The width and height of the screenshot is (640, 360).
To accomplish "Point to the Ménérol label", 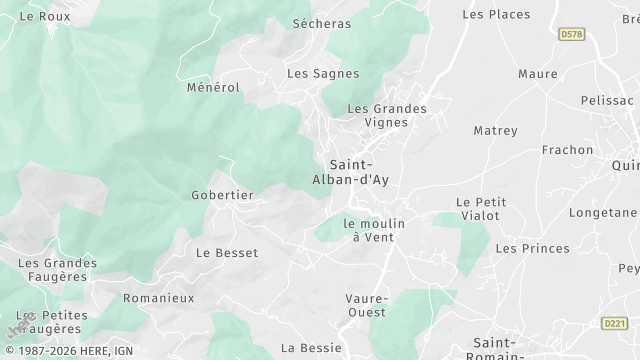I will point(213,88).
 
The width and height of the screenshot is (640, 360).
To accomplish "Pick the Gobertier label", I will point(222,195).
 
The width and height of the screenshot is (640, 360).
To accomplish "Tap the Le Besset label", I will point(227,253).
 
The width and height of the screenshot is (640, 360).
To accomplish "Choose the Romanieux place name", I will point(158,298).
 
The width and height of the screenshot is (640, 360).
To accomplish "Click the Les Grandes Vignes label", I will point(386,115).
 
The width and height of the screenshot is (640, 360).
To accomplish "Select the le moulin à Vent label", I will point(373,230).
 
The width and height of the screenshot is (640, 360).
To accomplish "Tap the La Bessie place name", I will point(310,348).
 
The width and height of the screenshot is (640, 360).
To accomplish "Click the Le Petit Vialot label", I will point(481,208).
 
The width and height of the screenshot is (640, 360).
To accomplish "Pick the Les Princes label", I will point(532,248).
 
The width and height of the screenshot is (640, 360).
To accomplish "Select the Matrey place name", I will point(495,131).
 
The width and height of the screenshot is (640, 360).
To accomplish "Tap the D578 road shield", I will point(572,34).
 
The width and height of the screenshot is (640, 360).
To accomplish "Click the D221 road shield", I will point(615,323).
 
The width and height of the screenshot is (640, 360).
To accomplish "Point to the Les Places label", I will point(495,15).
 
